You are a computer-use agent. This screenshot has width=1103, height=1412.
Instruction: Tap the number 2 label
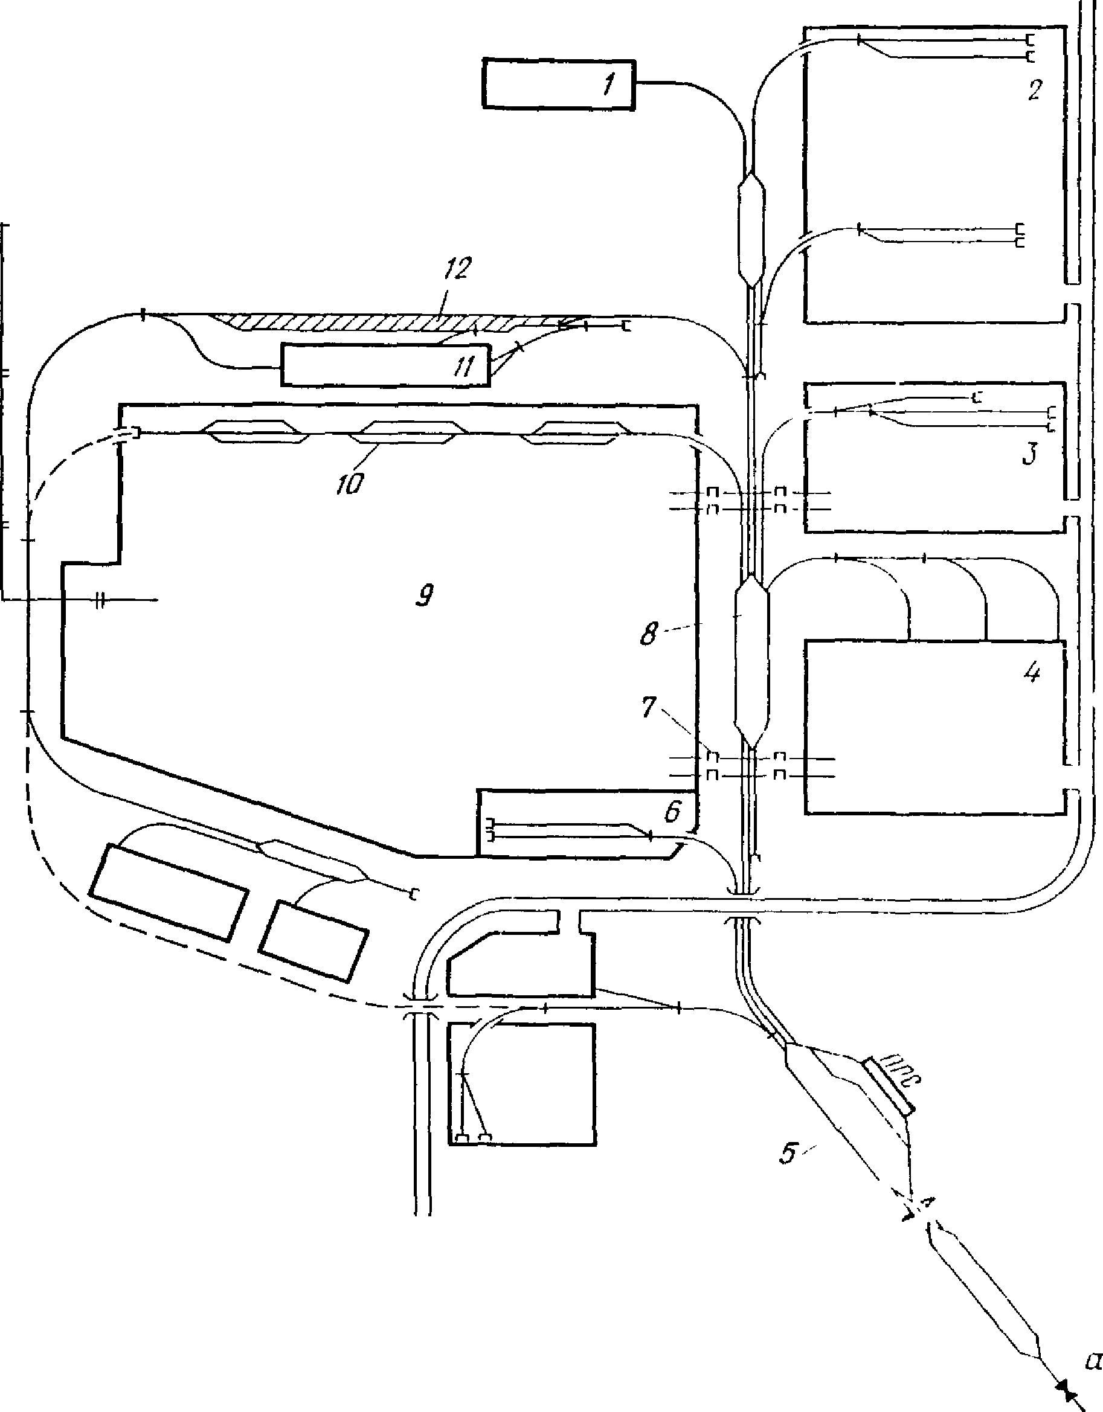tap(1035, 91)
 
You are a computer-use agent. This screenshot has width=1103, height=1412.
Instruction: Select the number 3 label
tap(1029, 454)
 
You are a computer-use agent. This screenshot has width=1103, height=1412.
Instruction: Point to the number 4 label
tap(1032, 673)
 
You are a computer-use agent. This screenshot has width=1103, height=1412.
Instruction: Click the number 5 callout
tap(788, 1153)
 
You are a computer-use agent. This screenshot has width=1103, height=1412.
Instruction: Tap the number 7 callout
tap(649, 708)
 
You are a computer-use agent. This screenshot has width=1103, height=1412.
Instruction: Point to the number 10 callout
tap(350, 484)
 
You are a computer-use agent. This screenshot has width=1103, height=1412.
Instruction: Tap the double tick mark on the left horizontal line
tap(99, 600)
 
